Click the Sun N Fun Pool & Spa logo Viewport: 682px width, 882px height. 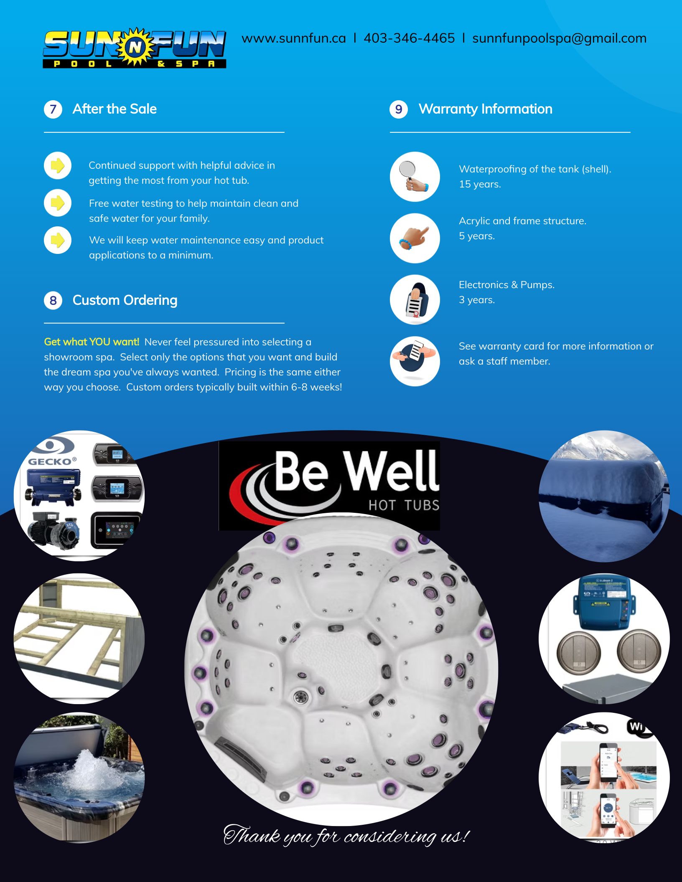coord(135,48)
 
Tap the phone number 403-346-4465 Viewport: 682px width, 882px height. coord(409,38)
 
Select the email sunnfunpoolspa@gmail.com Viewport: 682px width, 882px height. coord(559,38)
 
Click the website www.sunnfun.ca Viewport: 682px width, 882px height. coord(294,38)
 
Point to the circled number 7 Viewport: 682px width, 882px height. coord(53,109)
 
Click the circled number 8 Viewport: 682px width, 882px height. coord(53,301)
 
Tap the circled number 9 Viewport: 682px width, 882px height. coord(399,109)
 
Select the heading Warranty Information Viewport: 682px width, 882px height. coord(486,109)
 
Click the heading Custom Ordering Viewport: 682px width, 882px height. coord(125,300)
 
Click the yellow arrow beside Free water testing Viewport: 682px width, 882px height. coord(58,203)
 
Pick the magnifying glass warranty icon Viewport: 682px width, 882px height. coord(415,177)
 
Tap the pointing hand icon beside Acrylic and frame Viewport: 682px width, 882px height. coord(415,238)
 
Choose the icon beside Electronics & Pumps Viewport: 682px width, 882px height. coord(415,299)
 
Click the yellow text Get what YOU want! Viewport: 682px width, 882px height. coord(92,342)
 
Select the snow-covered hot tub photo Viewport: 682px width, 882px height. coord(604,496)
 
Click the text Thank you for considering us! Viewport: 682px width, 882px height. coord(346,836)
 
